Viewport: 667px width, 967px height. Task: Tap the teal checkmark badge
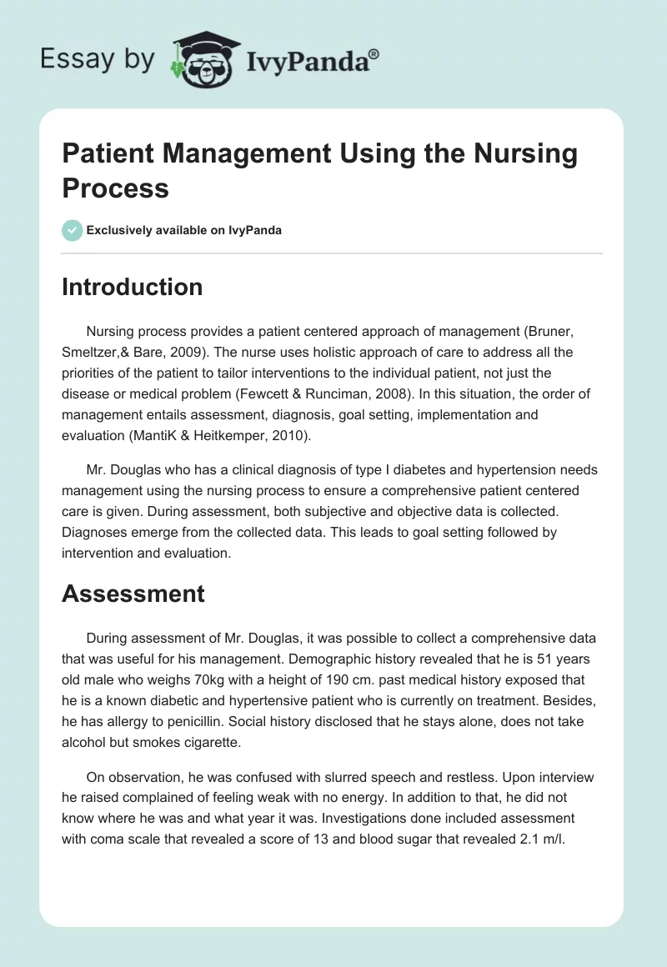pyautogui.click(x=73, y=230)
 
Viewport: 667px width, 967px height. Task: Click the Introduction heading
pyautogui.click(x=133, y=287)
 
